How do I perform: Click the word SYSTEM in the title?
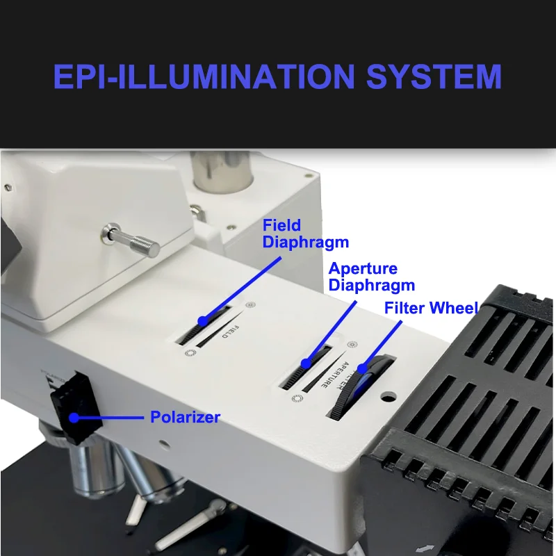coord(434,76)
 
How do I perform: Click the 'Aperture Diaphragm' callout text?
coord(371,277)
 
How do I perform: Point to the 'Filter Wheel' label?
coord(431,308)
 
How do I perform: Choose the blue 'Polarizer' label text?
coord(185,417)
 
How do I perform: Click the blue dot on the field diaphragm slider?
coord(202,321)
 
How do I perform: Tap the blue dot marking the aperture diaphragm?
coord(306,363)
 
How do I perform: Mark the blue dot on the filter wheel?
coord(362,369)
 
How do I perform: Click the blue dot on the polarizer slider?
coord(74,417)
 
